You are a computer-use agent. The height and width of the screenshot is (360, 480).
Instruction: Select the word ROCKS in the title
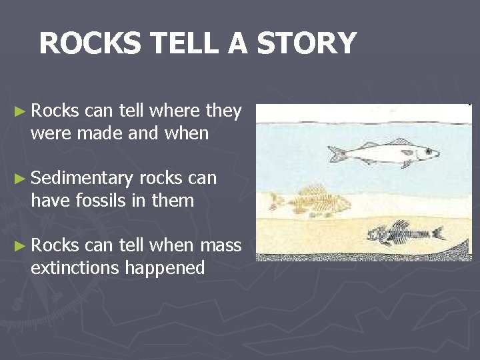89,44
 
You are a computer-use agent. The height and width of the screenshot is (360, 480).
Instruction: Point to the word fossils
96,200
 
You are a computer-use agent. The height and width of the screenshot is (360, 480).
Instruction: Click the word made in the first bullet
104,133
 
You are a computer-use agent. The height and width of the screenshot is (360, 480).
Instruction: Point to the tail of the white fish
336,154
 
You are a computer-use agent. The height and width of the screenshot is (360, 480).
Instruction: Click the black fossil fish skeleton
403,233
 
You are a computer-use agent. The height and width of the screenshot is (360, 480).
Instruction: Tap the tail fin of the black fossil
438,233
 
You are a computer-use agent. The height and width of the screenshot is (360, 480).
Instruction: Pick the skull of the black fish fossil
378,235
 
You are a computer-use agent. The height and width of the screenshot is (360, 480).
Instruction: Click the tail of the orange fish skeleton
275,199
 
